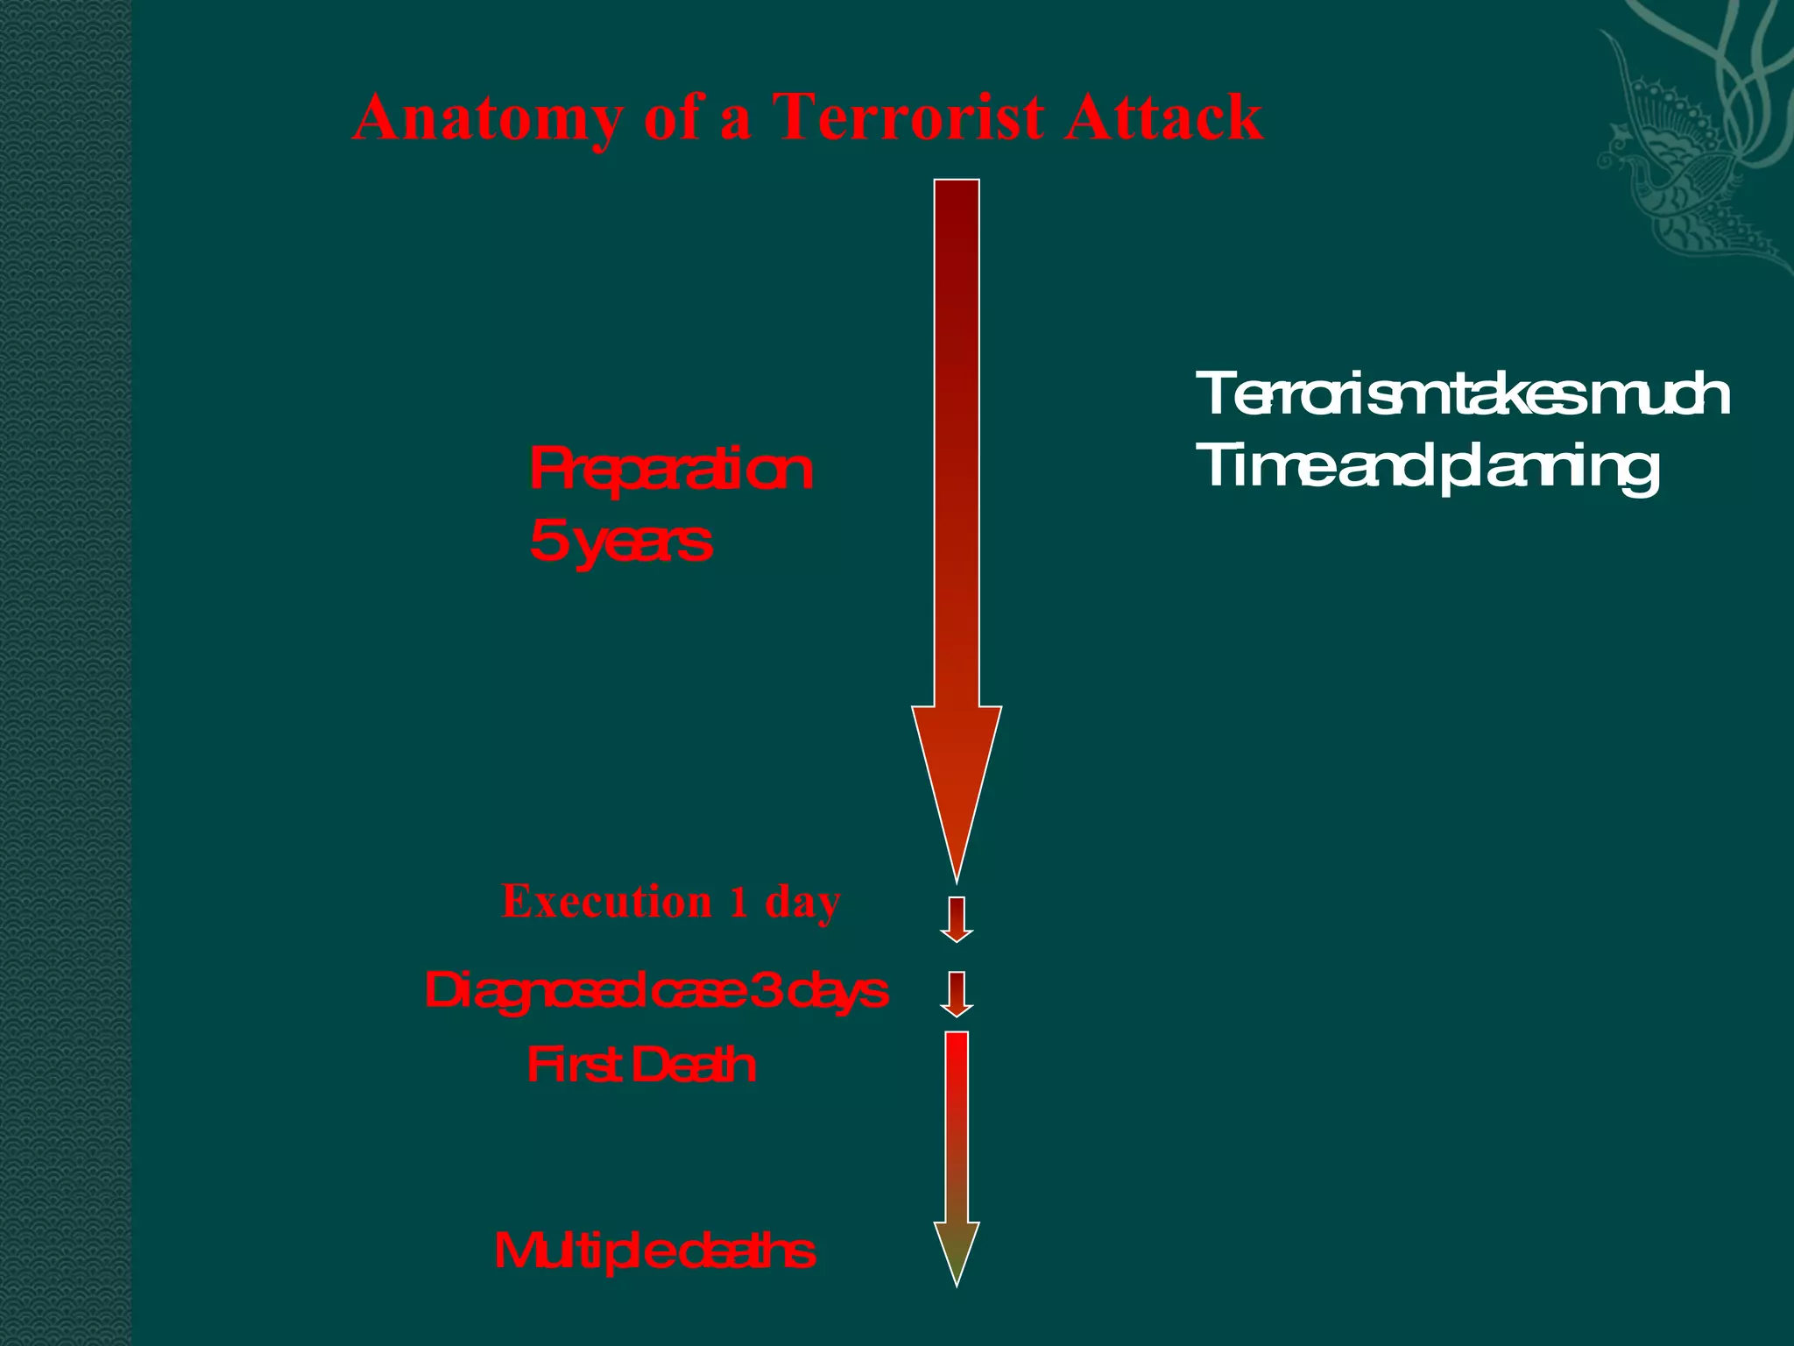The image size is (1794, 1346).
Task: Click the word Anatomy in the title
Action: coord(485,117)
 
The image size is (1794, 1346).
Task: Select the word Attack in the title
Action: coord(1164,117)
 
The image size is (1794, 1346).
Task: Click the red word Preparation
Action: coord(671,470)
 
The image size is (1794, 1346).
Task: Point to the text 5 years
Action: coord(620,542)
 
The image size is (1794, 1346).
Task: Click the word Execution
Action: coord(607,902)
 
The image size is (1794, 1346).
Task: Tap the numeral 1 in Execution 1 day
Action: coord(739,902)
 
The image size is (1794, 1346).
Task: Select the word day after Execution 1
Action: coord(802,903)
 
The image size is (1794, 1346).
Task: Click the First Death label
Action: coord(641,1066)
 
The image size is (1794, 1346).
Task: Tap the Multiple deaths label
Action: coord(654,1250)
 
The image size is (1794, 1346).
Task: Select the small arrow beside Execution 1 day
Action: coord(957,919)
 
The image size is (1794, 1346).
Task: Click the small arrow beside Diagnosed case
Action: coord(957,994)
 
